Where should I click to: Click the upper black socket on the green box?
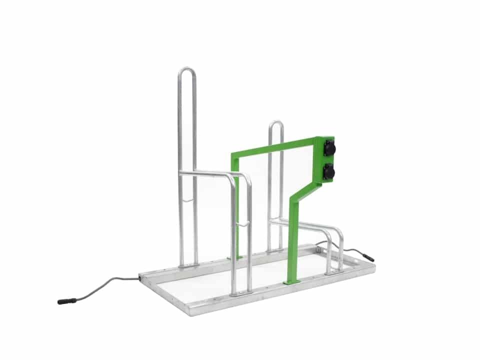click(x=329, y=148)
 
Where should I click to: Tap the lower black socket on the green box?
click(x=329, y=172)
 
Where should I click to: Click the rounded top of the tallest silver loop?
click(x=186, y=70)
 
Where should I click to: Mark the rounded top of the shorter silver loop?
click(x=275, y=123)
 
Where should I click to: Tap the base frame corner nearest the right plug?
click(x=372, y=265)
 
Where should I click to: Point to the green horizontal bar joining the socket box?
click(x=275, y=147)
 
